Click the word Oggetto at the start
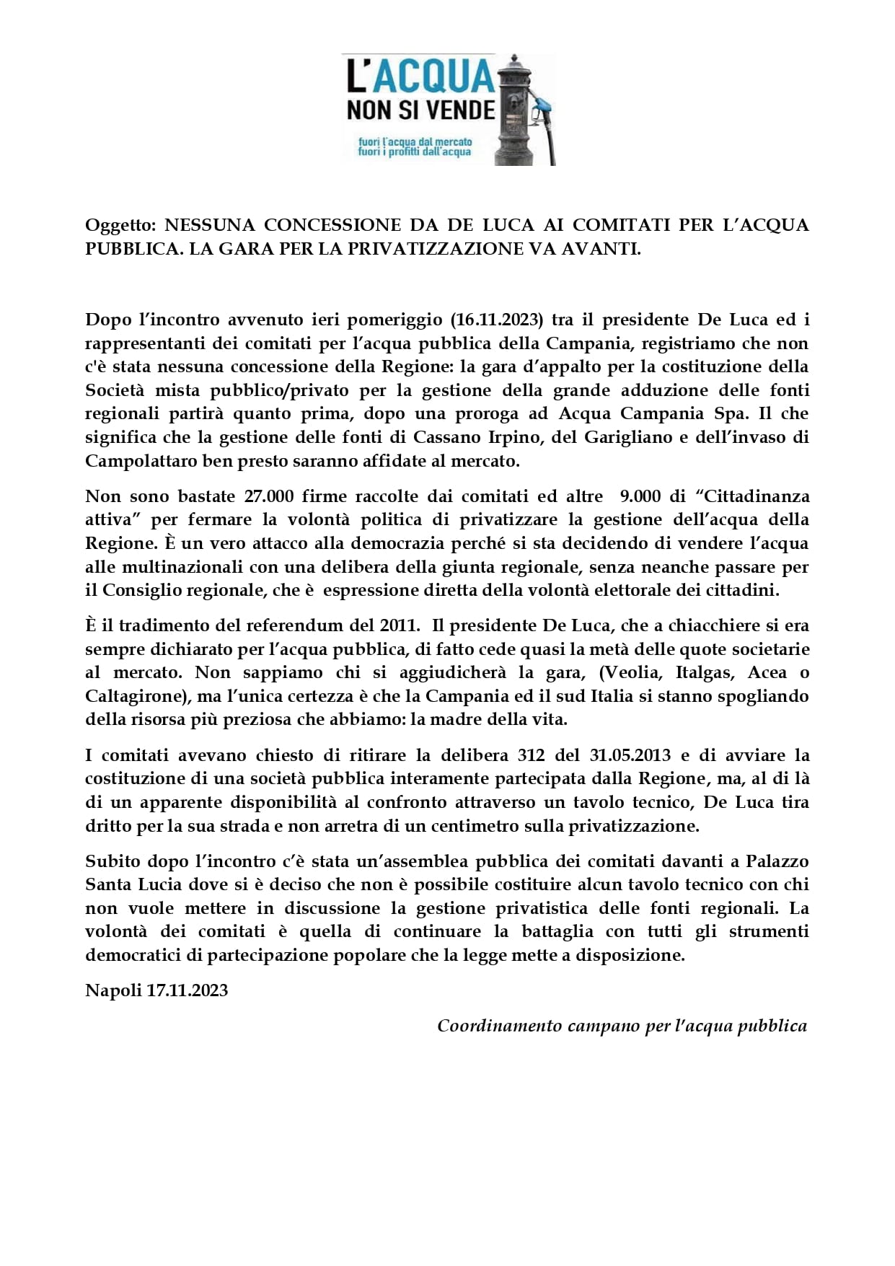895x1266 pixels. [x=115, y=225]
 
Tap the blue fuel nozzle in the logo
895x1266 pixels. [x=543, y=109]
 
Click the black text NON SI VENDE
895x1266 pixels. [x=421, y=110]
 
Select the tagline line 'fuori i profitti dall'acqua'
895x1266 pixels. [x=414, y=153]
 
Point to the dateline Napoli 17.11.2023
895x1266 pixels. [x=156, y=990]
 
